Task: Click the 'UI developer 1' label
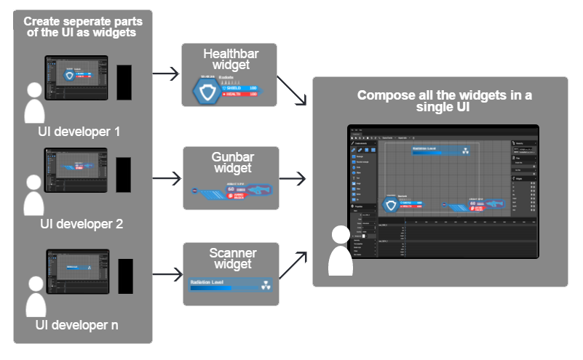(x=79, y=132)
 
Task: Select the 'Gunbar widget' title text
(x=231, y=164)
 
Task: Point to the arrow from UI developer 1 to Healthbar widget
(x=167, y=73)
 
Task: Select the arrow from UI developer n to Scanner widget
(x=167, y=275)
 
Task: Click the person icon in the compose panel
(x=340, y=251)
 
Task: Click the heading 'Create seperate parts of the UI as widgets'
(x=83, y=26)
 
